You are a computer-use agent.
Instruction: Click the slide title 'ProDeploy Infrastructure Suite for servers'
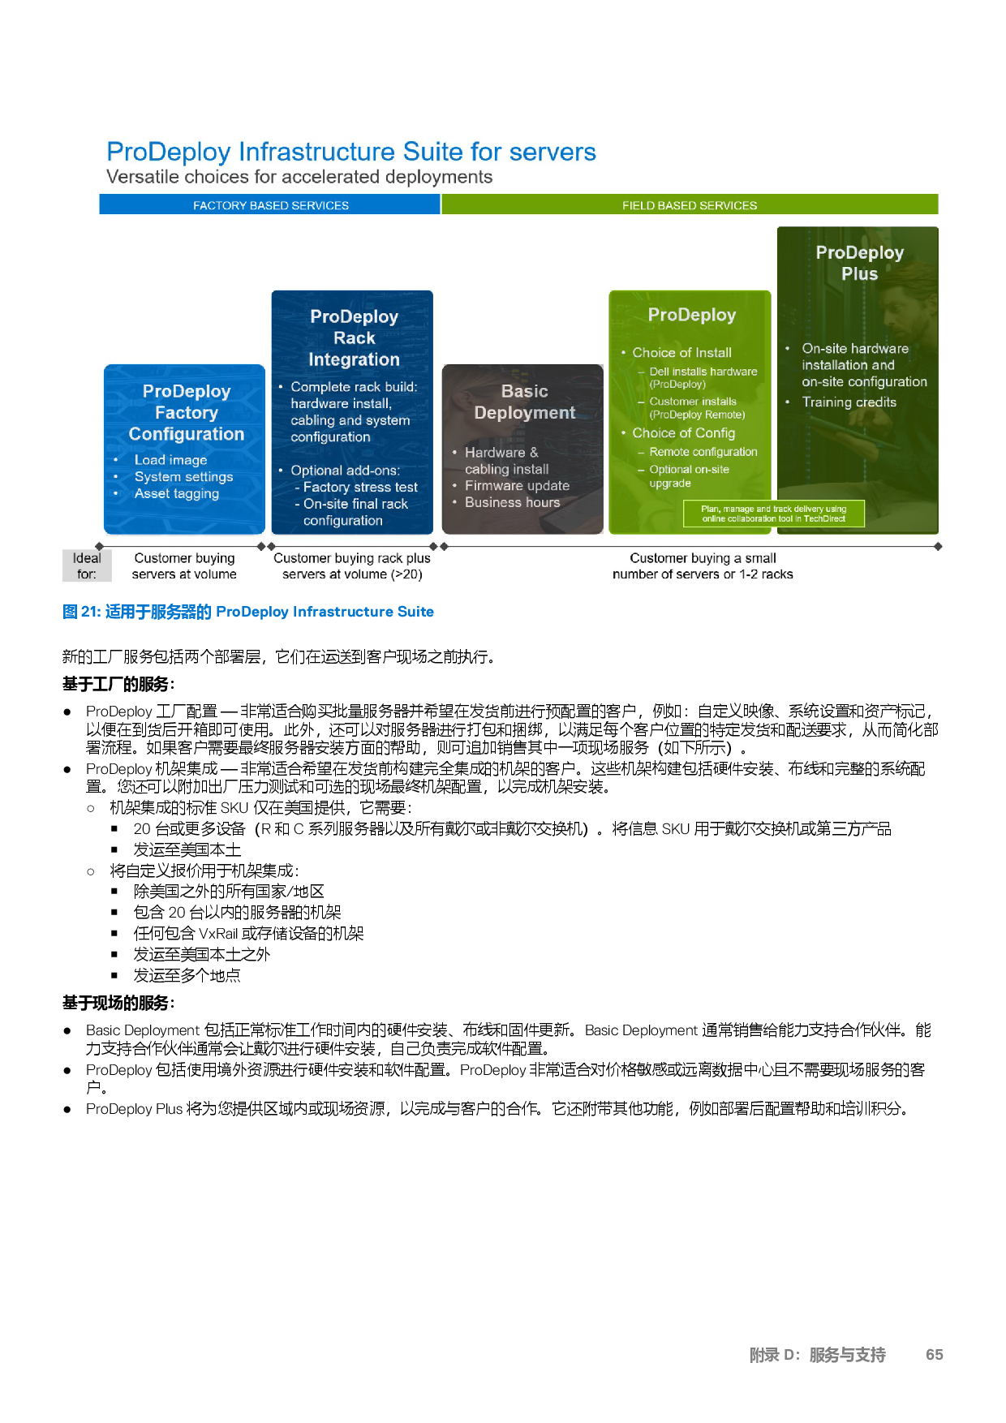[350, 152]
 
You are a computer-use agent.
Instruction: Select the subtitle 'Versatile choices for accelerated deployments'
[299, 177]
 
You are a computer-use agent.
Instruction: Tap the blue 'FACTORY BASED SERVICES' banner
[270, 205]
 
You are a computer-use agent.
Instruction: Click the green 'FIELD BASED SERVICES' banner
[690, 205]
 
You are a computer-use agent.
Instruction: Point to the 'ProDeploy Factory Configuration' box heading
[187, 413]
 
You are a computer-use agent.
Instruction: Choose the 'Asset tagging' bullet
[176, 493]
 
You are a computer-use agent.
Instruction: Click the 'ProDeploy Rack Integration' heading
[354, 337]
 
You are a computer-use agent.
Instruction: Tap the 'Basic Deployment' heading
[524, 402]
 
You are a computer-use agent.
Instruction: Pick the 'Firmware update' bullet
[517, 485]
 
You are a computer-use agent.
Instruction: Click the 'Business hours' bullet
[512, 502]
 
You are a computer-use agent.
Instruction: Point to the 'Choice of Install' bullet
[681, 352]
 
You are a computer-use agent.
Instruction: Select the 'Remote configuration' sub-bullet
[703, 452]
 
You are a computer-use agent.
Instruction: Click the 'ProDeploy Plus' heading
[859, 263]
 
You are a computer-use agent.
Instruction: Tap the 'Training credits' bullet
[849, 402]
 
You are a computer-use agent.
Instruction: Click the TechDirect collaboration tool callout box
[774, 514]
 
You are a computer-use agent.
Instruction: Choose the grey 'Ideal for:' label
[87, 565]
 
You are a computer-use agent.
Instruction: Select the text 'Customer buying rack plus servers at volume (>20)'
[352, 566]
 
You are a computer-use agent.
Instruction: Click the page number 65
[935, 1355]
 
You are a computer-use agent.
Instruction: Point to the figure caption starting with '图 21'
[248, 612]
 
